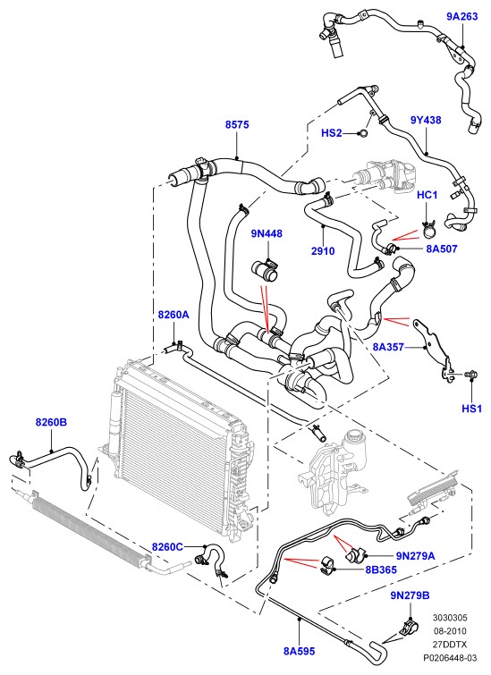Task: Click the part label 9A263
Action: (462, 17)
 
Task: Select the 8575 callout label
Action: (237, 125)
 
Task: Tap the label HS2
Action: (332, 133)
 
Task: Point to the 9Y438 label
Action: (426, 120)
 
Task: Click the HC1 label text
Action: (428, 195)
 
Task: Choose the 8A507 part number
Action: (442, 249)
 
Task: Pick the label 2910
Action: (323, 250)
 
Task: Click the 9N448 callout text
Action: (267, 233)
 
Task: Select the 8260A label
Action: (174, 315)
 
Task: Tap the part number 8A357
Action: (388, 347)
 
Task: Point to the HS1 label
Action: (472, 409)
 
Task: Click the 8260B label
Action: (51, 422)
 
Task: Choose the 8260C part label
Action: (167, 547)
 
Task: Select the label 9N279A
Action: (416, 556)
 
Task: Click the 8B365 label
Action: (381, 570)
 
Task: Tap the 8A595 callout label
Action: (300, 652)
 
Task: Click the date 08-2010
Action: (450, 631)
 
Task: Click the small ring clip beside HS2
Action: (363, 133)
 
